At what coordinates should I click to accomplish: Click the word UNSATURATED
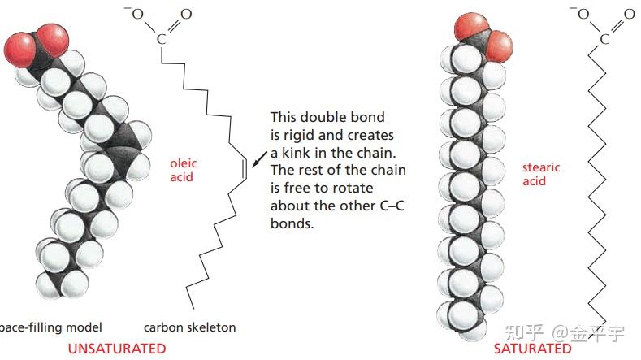click(116, 349)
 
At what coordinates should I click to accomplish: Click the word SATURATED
click(532, 349)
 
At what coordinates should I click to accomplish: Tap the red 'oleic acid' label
click(183, 170)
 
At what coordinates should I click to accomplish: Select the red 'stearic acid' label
click(541, 174)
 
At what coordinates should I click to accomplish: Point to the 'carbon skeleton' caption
click(189, 327)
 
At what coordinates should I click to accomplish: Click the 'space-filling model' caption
click(50, 327)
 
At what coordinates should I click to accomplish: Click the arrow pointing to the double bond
click(258, 157)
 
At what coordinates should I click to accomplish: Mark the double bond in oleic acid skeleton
click(245, 168)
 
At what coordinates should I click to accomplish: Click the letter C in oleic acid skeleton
click(160, 38)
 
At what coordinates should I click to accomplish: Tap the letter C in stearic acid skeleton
click(604, 38)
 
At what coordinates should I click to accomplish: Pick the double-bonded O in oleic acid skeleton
click(186, 15)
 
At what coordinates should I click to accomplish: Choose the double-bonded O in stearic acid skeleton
click(630, 15)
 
